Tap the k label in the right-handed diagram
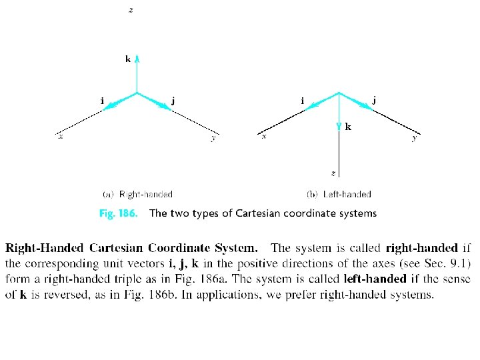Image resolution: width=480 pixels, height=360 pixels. coord(128,59)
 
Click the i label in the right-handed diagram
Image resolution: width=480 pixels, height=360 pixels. coord(102,101)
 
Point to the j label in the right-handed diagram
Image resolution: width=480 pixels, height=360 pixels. coord(173,101)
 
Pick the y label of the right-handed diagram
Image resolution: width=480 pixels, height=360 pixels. coord(213,137)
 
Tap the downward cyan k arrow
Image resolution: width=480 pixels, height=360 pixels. coord(339,113)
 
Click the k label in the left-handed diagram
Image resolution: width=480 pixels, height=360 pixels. coord(349,127)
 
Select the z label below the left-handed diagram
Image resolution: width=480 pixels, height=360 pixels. coord(333,173)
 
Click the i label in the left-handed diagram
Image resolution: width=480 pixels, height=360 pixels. coord(303,101)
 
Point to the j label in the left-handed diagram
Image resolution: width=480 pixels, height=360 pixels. coord(374,101)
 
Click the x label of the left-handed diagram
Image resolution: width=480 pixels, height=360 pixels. coord(263,136)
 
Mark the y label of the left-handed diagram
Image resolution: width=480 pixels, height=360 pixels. coord(415,137)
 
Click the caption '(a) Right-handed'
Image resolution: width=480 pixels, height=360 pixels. coord(138,195)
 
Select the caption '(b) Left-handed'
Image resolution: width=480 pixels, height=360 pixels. coord(339,195)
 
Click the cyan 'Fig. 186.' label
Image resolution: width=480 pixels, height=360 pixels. coord(118,214)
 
